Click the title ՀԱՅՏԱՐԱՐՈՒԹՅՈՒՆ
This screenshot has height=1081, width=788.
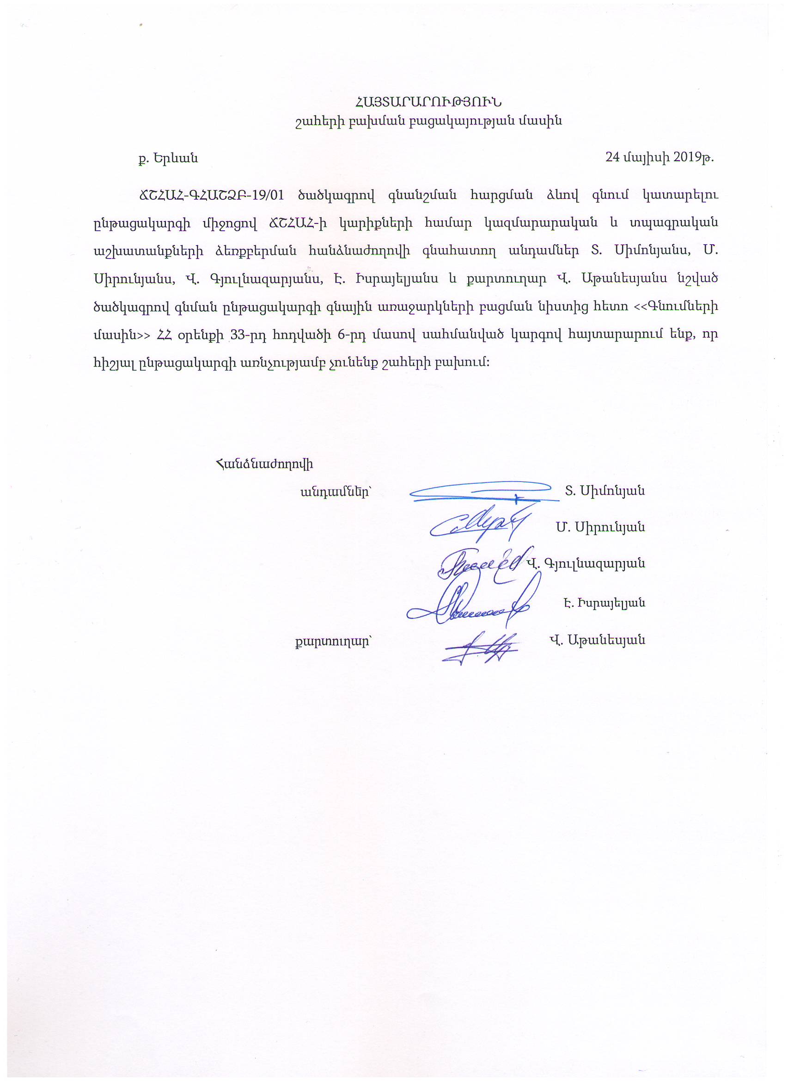click(428, 103)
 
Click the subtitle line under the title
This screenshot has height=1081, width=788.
click(428, 121)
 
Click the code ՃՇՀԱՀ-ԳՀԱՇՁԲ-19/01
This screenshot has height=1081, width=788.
click(211, 196)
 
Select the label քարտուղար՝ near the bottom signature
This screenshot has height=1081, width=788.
click(333, 641)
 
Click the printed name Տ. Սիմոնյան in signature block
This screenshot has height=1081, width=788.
click(605, 491)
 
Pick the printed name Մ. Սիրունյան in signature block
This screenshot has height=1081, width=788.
click(600, 527)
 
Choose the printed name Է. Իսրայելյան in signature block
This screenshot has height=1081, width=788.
click(604, 603)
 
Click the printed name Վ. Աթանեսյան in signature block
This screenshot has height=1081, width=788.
click(597, 640)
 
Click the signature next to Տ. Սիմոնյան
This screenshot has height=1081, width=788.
click(482, 492)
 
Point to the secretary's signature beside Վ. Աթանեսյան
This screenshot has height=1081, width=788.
click(482, 648)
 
